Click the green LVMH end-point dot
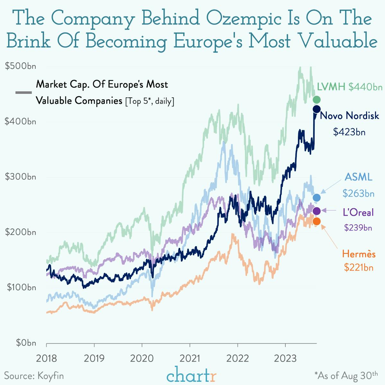(x=317, y=100)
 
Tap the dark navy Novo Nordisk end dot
(x=317, y=109)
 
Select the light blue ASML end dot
(x=317, y=198)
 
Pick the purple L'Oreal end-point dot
(x=317, y=211)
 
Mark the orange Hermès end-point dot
(x=317, y=221)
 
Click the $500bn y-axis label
(x=21, y=66)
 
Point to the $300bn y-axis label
(x=21, y=177)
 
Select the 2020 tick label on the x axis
(x=142, y=358)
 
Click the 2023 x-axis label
(x=285, y=358)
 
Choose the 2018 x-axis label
(x=46, y=358)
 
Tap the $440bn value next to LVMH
(x=365, y=87)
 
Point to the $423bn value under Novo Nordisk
(x=349, y=132)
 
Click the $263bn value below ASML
(x=358, y=193)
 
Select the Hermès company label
(x=359, y=254)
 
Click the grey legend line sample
(x=23, y=93)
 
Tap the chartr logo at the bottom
(x=192, y=375)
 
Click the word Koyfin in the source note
(x=50, y=376)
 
